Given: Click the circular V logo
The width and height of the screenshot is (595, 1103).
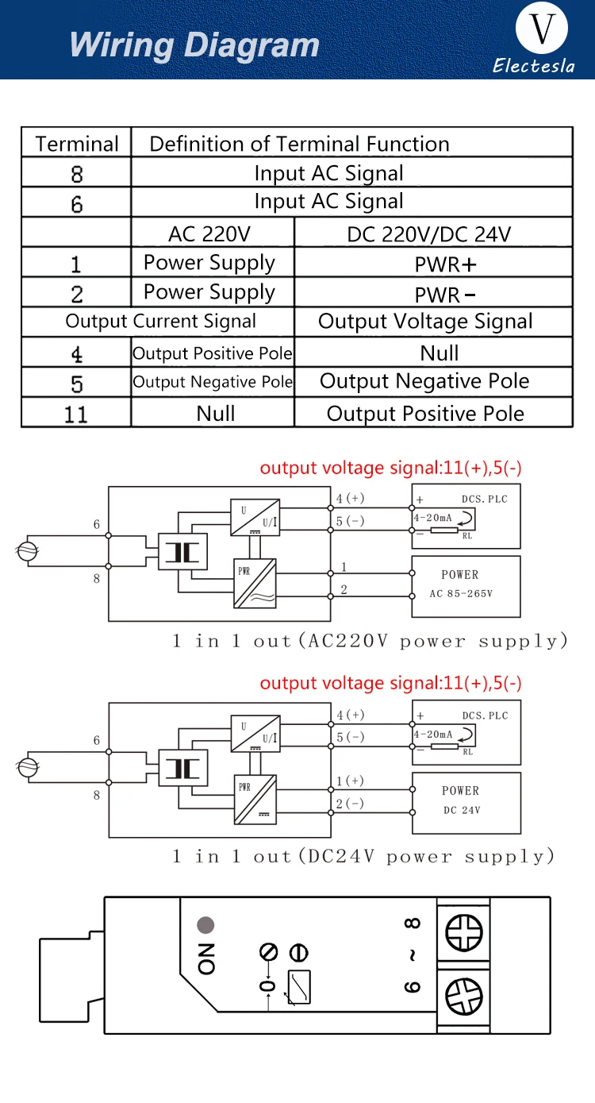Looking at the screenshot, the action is tap(541, 28).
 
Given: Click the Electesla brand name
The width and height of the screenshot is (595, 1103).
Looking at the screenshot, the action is tap(534, 66).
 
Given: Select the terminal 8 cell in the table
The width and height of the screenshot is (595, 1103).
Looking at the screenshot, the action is tap(76, 173).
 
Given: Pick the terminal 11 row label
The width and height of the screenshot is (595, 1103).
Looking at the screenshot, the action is tap(76, 414).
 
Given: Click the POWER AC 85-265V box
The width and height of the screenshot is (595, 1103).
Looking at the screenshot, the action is tap(466, 587).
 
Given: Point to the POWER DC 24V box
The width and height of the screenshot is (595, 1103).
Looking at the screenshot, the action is tap(466, 803).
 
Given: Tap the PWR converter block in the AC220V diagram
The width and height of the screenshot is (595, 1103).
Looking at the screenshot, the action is tap(255, 583).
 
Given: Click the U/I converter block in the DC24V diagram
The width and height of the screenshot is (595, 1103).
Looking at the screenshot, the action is tap(255, 734).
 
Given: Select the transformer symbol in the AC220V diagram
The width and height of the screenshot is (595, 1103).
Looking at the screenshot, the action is tap(183, 552).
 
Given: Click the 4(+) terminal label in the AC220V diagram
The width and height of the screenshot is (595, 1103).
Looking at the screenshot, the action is tap(350, 498).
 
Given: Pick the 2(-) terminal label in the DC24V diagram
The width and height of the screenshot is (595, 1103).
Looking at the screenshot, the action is tap(350, 803).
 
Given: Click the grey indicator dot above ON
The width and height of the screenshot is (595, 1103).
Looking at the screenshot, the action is tap(205, 925).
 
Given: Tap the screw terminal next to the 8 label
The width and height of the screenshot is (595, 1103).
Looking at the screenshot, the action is tap(464, 932).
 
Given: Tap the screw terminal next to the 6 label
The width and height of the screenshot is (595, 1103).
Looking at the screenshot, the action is tap(464, 996).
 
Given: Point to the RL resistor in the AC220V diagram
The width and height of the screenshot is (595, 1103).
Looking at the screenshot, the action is tap(444, 530).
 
